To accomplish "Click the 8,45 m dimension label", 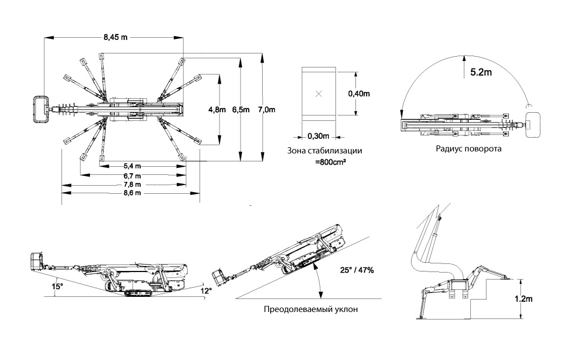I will click(x=116, y=38).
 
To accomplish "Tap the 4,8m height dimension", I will click(x=217, y=110).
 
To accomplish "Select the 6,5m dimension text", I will click(x=241, y=110).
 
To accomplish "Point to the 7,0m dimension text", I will click(x=266, y=110).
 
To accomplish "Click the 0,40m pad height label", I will click(x=359, y=93).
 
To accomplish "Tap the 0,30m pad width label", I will click(x=318, y=135).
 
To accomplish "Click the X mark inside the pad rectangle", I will click(x=318, y=94).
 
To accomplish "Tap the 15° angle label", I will click(x=58, y=286).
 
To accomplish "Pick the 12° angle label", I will click(x=207, y=291).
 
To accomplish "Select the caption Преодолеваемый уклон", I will click(x=310, y=309).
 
